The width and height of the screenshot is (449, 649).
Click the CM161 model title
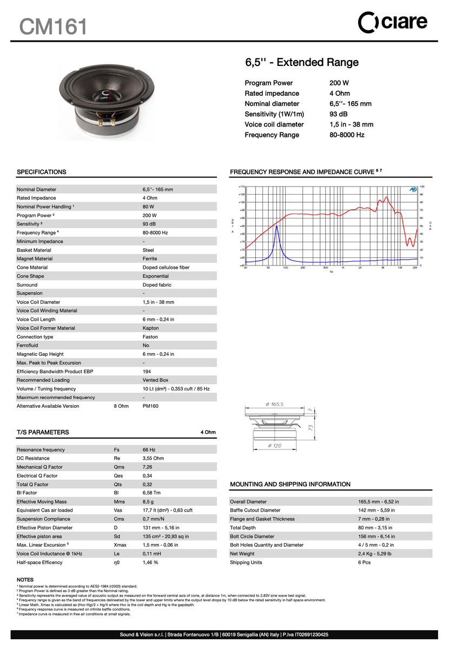[53, 25]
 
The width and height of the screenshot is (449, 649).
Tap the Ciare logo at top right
[393, 22]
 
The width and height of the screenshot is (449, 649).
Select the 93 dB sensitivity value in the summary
[338, 114]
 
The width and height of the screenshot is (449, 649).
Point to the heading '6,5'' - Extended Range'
[302, 62]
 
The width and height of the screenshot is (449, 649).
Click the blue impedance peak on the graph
[277, 228]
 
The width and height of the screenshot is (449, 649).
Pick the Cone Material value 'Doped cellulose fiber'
[166, 267]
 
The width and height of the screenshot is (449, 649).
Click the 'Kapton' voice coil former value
[151, 328]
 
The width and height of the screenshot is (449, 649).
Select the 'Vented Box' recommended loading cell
[155, 380]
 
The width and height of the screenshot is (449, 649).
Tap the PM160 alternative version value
[150, 406]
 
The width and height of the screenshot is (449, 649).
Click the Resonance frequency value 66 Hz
[149, 449]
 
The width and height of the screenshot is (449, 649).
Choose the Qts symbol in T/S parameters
[118, 484]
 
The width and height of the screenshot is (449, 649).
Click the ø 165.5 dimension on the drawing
[275, 404]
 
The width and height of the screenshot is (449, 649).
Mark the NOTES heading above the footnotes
[25, 579]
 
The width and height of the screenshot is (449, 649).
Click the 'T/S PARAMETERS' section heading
[43, 432]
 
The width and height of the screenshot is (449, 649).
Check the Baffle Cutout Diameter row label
[255, 510]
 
